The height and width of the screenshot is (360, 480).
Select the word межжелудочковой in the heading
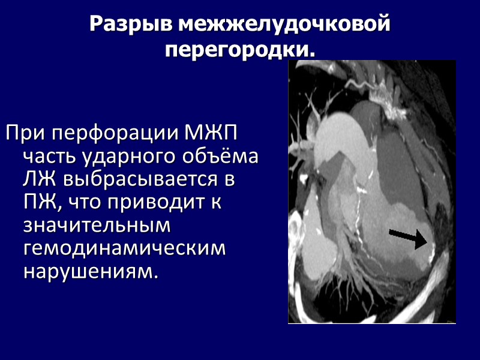285,25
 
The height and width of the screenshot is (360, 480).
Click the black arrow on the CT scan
408,236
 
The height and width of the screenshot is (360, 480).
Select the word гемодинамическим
124,248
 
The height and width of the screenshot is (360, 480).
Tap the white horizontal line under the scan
372,323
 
